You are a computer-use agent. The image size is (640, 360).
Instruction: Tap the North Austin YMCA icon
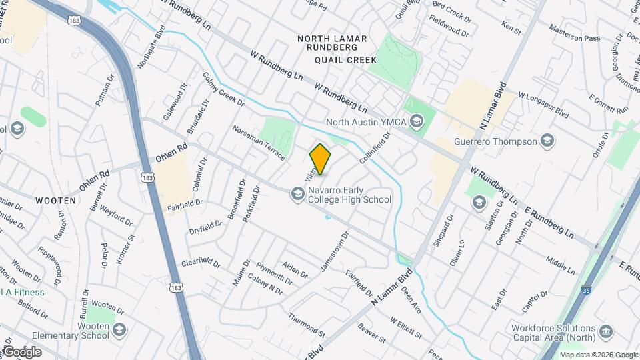[x=417, y=121]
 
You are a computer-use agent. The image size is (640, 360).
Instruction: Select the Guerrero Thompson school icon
[x=547, y=141]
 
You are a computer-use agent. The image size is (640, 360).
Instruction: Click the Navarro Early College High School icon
[x=297, y=194]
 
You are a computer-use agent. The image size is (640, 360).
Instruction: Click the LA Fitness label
[x=22, y=292]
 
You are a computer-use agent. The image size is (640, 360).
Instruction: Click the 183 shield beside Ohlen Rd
[x=148, y=177]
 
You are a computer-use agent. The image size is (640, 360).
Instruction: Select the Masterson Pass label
[x=574, y=34]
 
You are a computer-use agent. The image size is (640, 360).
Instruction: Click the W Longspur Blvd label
[x=543, y=105]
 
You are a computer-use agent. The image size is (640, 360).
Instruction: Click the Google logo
[x=22, y=352]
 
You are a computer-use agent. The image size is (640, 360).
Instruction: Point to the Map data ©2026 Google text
[x=598, y=355]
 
